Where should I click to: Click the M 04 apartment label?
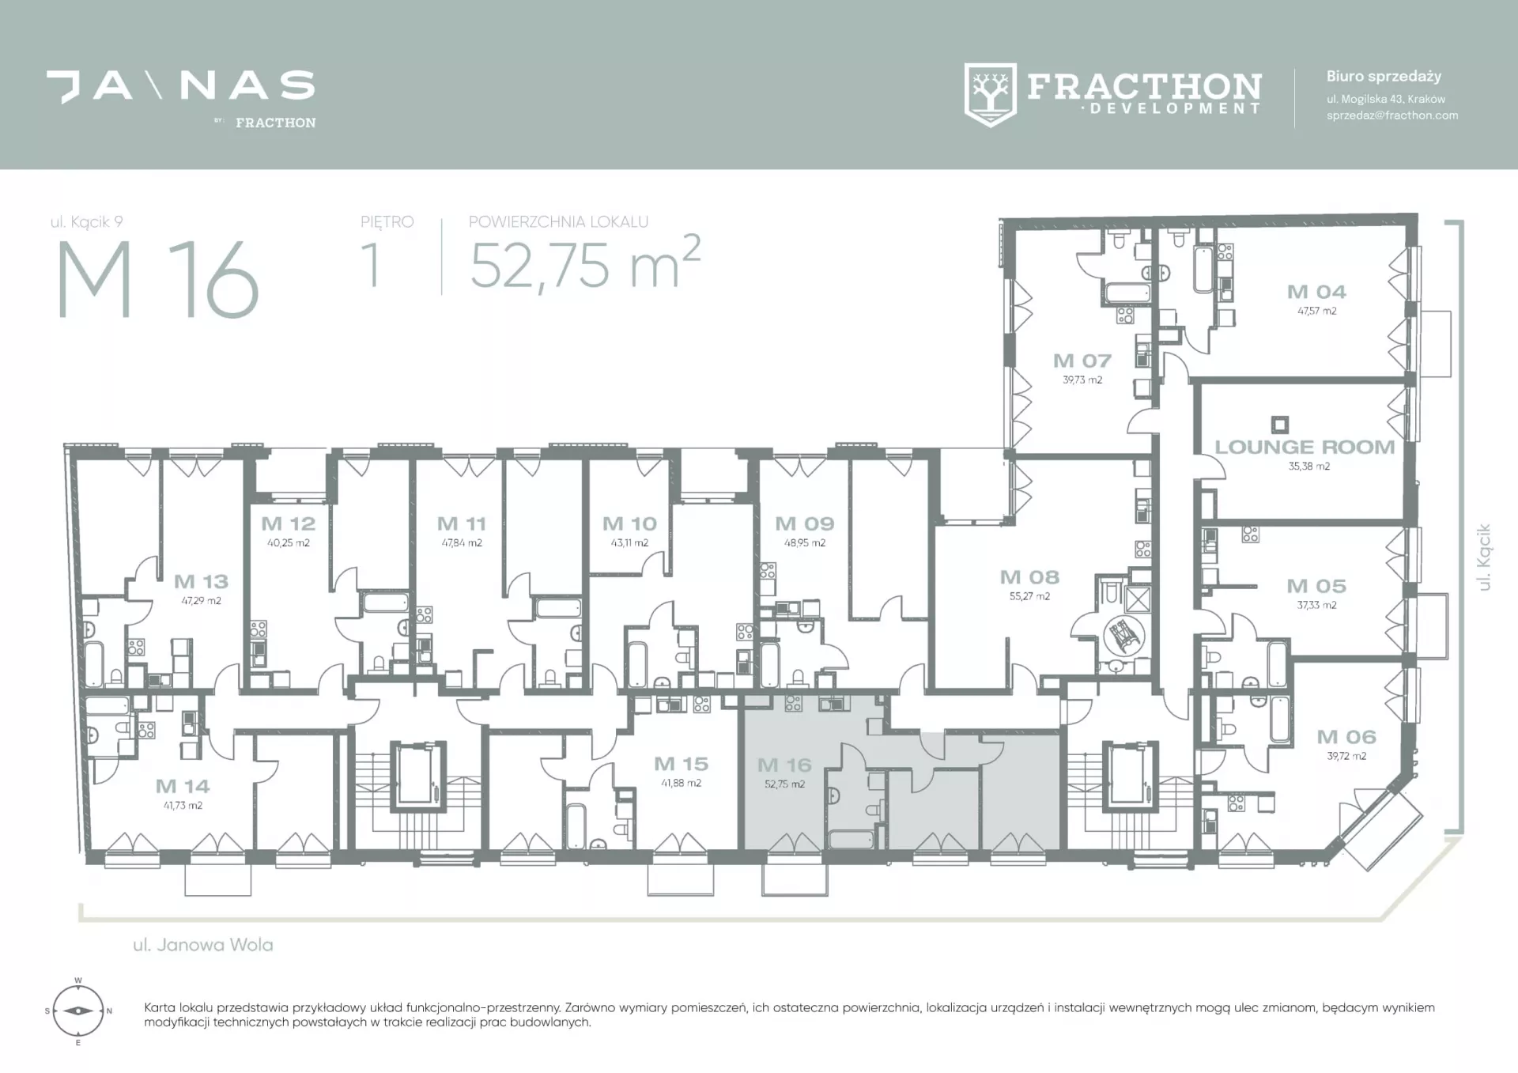point(1316,292)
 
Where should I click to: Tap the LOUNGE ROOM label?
point(1305,447)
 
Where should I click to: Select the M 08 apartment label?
point(1029,577)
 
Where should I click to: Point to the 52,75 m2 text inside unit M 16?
point(784,784)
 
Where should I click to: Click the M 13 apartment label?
point(201,582)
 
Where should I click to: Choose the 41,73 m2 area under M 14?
point(183,806)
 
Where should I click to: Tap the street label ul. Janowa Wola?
point(203,945)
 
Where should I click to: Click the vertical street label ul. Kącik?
point(1483,557)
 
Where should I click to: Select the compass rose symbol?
point(77,1011)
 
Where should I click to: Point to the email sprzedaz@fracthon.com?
point(1392,115)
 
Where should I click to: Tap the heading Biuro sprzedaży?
point(1384,77)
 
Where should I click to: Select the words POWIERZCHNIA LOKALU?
point(558,222)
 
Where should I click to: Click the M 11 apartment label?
point(461,523)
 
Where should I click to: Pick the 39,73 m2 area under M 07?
point(1082,380)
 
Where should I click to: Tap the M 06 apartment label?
point(1346,737)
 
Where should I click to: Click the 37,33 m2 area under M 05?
point(1316,605)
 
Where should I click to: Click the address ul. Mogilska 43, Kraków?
point(1386,99)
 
